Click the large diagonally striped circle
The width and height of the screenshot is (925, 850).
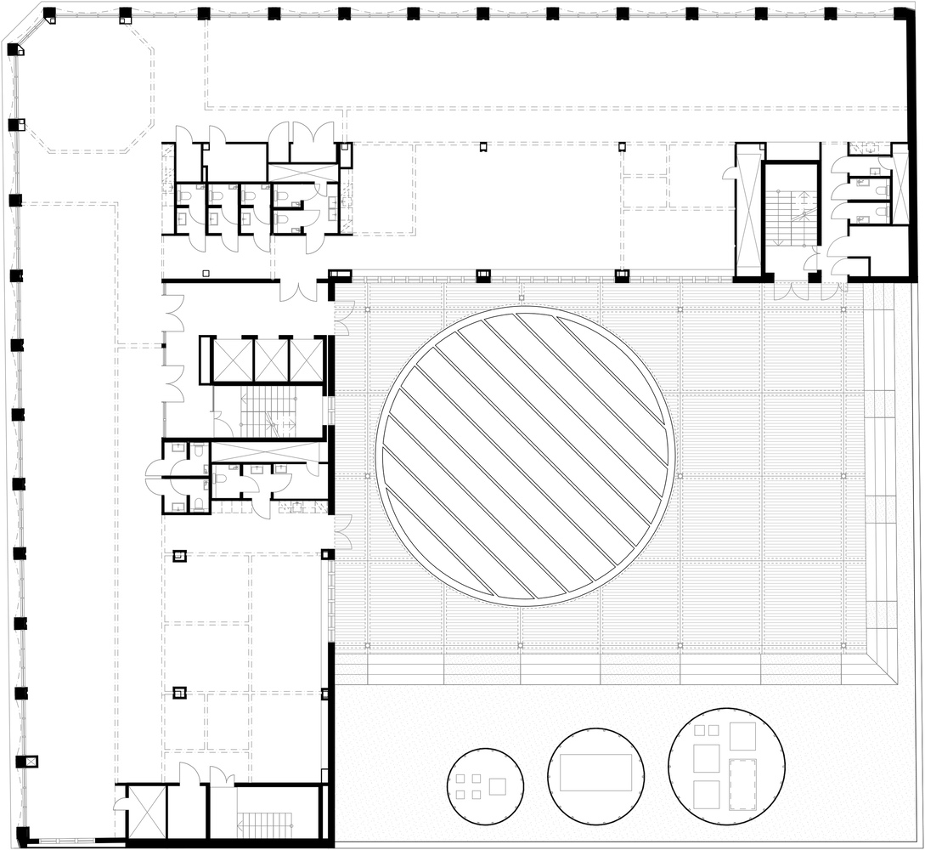point(526,457)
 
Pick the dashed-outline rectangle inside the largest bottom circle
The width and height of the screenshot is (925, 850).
point(743,783)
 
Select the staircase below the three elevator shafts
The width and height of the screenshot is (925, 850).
point(268,412)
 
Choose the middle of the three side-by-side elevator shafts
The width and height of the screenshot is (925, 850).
point(271,360)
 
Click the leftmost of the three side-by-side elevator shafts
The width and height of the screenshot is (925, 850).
point(233,360)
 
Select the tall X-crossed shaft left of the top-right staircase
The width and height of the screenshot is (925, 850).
point(749,212)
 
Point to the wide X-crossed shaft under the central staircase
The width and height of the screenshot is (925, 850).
point(267,451)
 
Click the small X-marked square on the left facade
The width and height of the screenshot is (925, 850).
point(32,762)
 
